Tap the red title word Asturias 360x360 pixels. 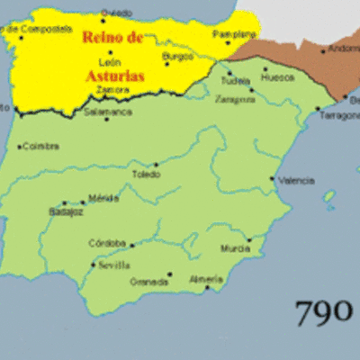[x=115, y=77]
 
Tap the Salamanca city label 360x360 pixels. [x=108, y=113]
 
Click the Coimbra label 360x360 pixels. [x=40, y=146]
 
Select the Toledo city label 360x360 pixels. [x=145, y=174]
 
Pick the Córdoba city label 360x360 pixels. [x=107, y=243]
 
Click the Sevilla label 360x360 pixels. [x=114, y=265]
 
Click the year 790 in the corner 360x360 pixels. [x=322, y=311]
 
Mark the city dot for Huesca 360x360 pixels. [x=265, y=68]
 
